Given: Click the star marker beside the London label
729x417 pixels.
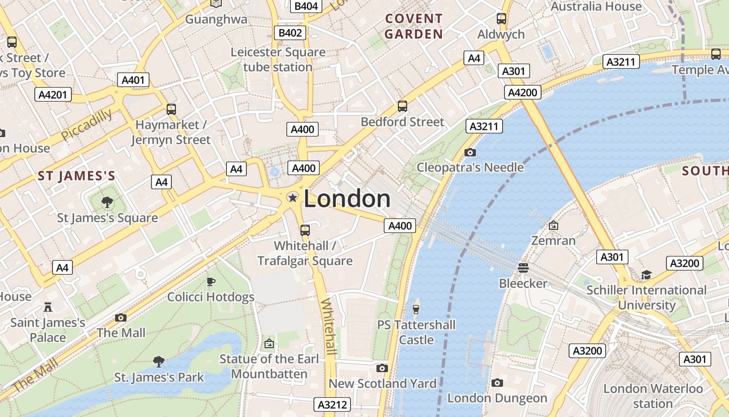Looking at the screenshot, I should (293, 198).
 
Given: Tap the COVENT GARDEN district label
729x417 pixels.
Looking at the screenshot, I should (414, 27).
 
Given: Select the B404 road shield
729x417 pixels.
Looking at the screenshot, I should (306, 6).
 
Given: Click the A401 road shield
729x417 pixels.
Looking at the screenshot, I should (134, 80).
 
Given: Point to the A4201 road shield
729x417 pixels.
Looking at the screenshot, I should (53, 95).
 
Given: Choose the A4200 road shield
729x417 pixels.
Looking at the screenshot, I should (522, 92).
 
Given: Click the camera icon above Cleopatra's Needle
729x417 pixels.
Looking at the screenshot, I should (470, 152).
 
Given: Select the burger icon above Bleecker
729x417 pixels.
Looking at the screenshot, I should (523, 268).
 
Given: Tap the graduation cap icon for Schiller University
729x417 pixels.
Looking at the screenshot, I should (646, 275).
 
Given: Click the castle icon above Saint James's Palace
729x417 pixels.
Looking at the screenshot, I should (48, 306).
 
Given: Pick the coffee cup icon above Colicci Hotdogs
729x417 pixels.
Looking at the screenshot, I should (210, 281).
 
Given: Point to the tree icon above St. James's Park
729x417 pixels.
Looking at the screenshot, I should (159, 361).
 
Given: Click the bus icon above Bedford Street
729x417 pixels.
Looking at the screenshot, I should (402, 106).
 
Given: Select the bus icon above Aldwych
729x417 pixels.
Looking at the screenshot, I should (501, 19).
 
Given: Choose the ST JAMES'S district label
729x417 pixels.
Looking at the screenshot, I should (76, 176).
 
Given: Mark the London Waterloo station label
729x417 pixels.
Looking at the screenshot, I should (653, 396).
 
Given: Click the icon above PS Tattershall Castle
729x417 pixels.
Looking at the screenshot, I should (416, 310).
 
